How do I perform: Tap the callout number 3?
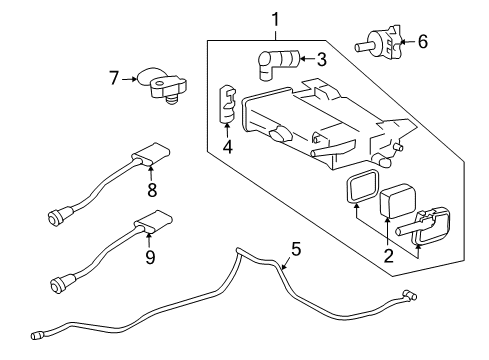(322, 59)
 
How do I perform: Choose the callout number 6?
(422, 42)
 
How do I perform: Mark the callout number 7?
(115, 76)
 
